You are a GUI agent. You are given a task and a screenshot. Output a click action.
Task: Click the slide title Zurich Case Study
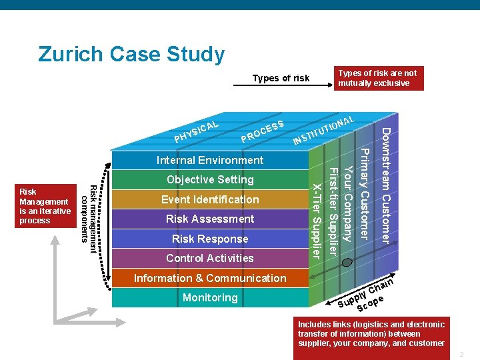click(131, 54)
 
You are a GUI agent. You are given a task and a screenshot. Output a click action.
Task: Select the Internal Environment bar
click(210, 160)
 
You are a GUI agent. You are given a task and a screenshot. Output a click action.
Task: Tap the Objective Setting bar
click(210, 179)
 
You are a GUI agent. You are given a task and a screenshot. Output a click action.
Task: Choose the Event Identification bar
click(210, 199)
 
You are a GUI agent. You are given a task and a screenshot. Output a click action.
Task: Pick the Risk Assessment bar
click(210, 219)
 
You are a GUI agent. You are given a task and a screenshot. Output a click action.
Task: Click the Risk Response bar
click(210, 239)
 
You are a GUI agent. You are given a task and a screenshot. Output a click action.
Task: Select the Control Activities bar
click(210, 258)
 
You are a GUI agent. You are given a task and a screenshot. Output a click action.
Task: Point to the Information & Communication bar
click(210, 278)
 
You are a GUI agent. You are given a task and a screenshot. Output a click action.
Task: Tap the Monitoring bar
click(210, 297)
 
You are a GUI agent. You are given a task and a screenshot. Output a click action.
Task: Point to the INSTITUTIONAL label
click(324, 130)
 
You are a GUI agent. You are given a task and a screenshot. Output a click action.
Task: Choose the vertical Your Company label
click(347, 197)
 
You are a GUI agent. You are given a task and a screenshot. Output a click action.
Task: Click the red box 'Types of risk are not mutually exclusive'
click(379, 78)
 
